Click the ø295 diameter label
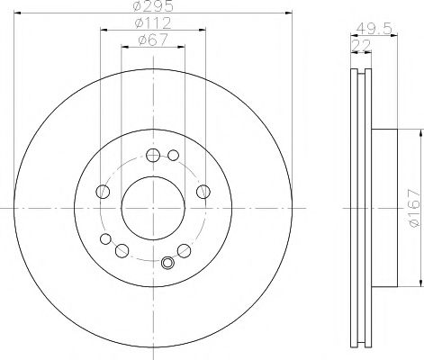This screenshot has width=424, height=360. click(x=153, y=6)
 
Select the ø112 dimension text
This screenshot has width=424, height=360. click(x=153, y=22)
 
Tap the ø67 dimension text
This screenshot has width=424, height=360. click(x=153, y=40)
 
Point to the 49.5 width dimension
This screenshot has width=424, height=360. click(x=374, y=29)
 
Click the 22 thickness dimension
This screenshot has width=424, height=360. click(x=361, y=45)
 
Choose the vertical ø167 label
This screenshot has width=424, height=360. click(x=417, y=208)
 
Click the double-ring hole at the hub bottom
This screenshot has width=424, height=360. click(x=167, y=263)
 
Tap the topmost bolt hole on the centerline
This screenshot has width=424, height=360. click(x=153, y=155)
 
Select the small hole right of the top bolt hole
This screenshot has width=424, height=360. click(x=173, y=155)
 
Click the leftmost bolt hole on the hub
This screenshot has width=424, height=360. click(x=103, y=192)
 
